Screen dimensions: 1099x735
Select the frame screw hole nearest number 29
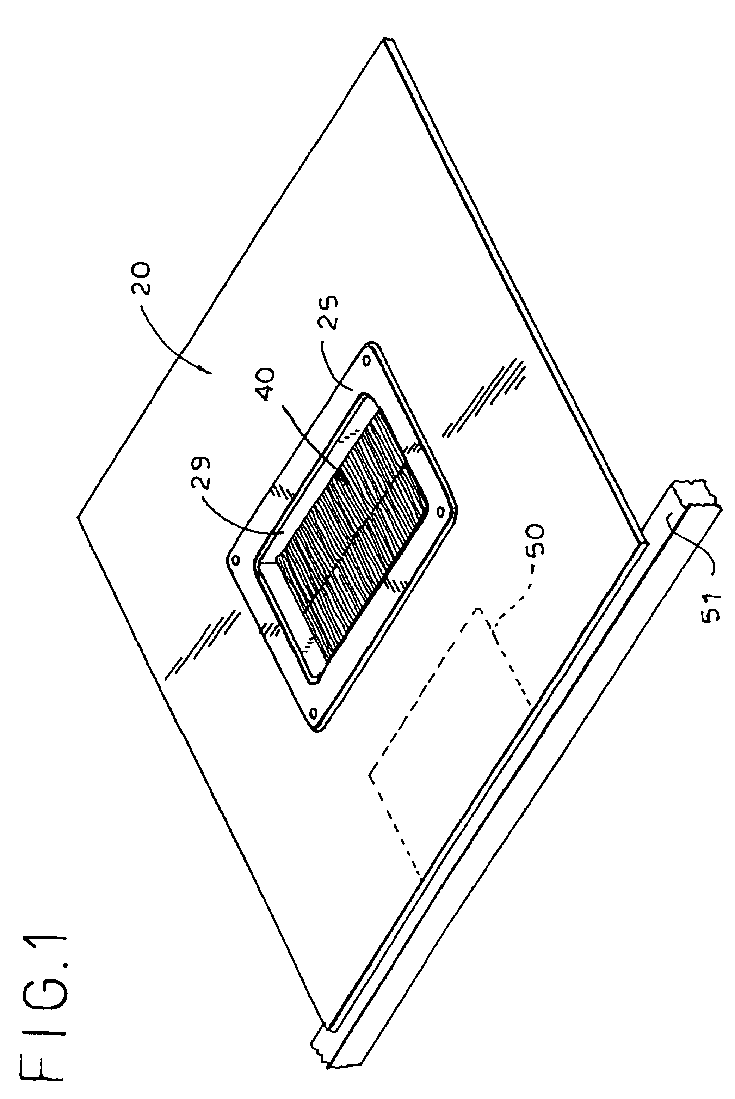click(235, 560)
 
